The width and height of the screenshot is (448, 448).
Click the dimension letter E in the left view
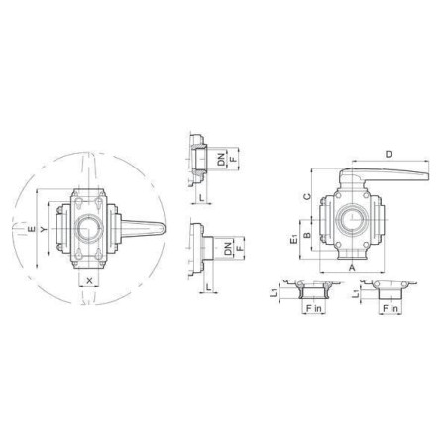coord(32,229)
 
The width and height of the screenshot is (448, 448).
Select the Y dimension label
coord(44,229)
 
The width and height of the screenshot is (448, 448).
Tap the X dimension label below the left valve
coord(89,280)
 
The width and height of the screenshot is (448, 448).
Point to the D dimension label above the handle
coord(389,154)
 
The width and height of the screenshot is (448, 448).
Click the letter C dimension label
coord(307,197)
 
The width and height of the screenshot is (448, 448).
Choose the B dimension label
coord(307,235)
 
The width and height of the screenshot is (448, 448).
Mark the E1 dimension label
coord(293,239)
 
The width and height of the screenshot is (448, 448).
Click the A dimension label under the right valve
coord(352,267)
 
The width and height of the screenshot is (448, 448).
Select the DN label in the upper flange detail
coord(221,159)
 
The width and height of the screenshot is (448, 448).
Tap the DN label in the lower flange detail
coord(228,249)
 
